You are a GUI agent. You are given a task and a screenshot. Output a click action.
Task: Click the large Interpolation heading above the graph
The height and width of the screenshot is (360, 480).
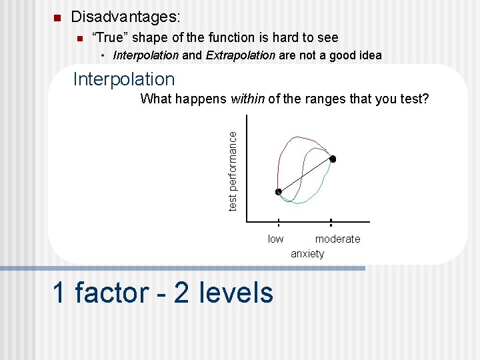point(124,79)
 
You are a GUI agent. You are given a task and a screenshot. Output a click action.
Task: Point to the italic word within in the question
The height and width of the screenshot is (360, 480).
point(247,99)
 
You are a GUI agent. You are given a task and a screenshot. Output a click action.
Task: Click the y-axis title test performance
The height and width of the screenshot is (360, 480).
point(232,171)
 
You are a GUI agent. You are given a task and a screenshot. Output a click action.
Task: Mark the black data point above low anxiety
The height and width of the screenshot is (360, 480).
point(279,192)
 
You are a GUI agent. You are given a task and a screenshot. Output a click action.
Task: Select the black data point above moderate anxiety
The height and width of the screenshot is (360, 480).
point(333,159)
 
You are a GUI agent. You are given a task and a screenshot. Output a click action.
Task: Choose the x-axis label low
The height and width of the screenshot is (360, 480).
point(275,239)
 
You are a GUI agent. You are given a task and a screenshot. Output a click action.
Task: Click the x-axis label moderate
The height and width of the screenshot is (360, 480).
point(337,239)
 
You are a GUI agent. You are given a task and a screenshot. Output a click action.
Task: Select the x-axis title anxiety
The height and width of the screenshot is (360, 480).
point(307,253)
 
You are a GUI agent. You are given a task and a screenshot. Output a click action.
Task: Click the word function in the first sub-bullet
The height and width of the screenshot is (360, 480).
point(245,38)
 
